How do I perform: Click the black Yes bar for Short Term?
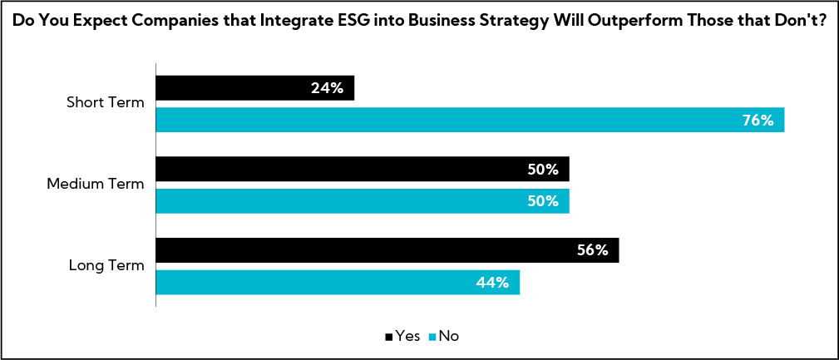tap(254, 88)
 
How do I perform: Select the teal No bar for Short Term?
tap(470, 120)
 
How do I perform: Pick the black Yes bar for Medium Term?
tap(362, 169)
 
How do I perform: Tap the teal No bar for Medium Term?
tap(362, 200)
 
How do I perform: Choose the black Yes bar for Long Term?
tap(387, 249)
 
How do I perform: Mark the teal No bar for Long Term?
tap(337, 282)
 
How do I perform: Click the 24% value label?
tap(328, 88)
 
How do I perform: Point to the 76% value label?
tap(758, 120)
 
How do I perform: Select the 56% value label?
tap(593, 249)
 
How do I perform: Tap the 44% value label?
tap(493, 282)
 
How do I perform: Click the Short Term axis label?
tap(106, 104)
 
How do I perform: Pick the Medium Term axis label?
tap(96, 185)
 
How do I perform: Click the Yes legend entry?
tap(402, 336)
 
